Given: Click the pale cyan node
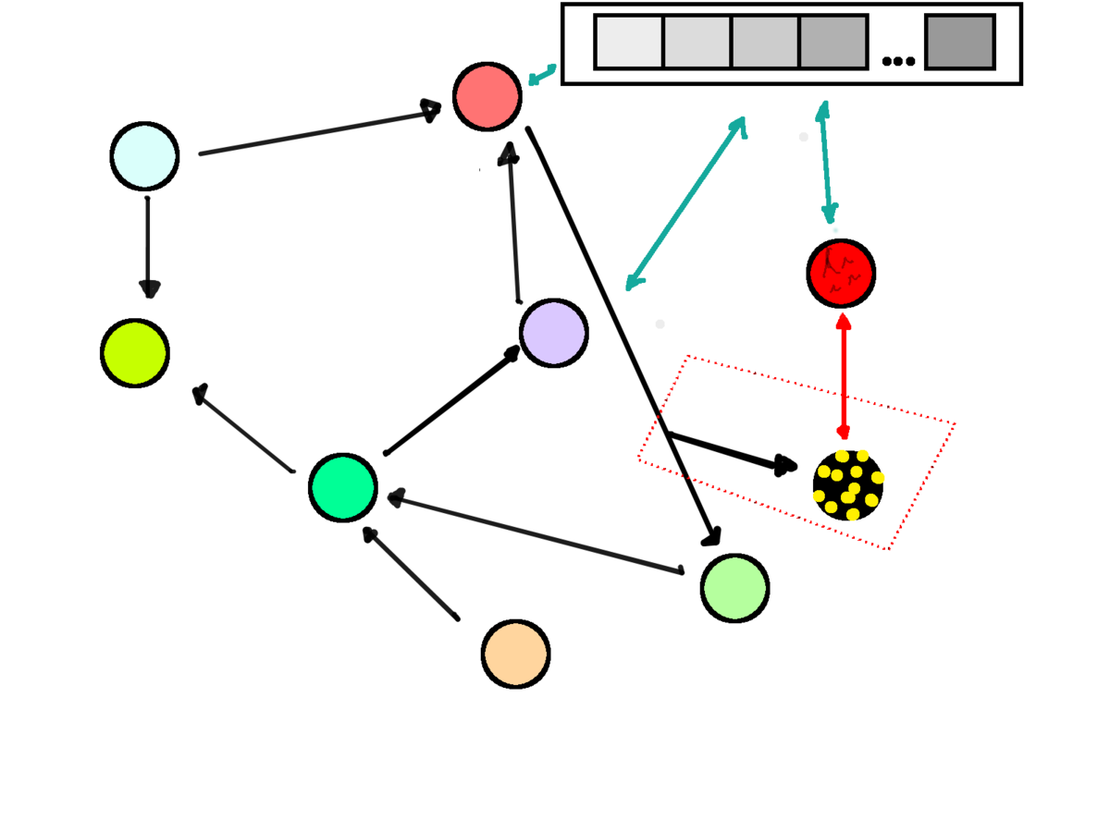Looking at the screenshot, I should (x=144, y=156).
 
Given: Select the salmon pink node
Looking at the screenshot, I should (x=487, y=96).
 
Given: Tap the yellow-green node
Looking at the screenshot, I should (x=135, y=353).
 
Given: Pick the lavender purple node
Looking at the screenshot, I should (x=553, y=333).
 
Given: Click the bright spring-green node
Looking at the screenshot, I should (x=343, y=487).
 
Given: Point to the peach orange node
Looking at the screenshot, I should (x=515, y=654).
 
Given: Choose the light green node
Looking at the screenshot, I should (x=734, y=588).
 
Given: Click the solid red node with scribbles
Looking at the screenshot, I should (x=841, y=274).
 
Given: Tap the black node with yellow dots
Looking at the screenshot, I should (x=847, y=485).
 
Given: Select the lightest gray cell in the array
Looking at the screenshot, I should (x=629, y=42).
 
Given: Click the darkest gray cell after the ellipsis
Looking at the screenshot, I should (x=960, y=42).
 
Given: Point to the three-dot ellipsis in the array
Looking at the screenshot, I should (x=898, y=61).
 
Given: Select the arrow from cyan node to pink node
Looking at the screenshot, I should (x=319, y=131).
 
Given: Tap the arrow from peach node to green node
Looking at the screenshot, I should (x=411, y=573).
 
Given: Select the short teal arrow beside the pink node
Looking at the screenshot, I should (x=542, y=74).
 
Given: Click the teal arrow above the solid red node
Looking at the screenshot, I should (x=826, y=163).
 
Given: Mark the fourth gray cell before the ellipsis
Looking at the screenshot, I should (x=833, y=42).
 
